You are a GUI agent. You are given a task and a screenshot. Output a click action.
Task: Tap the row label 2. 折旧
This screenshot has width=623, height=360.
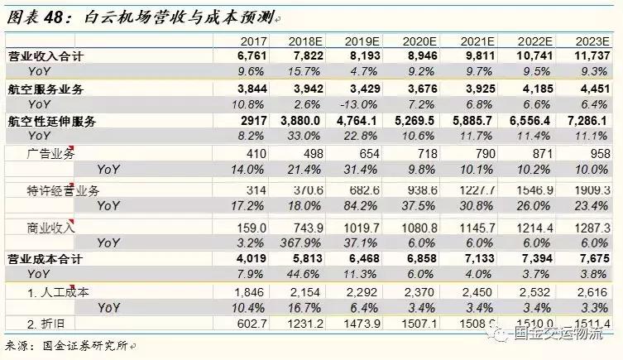[x=46, y=323]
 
